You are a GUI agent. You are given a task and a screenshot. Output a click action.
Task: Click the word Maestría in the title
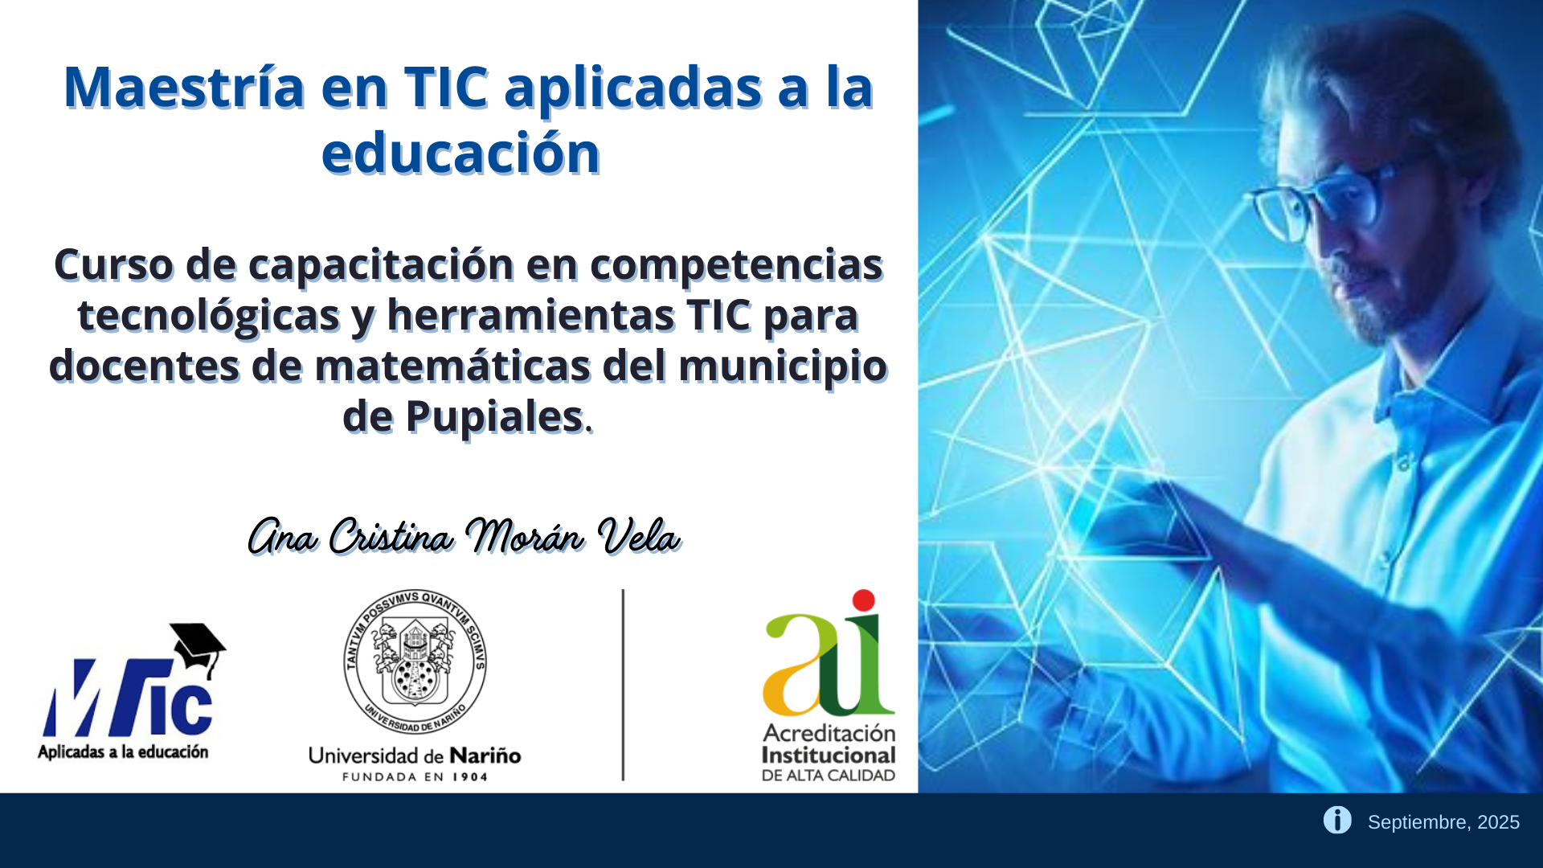point(184,87)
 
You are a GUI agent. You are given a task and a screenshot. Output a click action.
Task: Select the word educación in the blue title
point(460,153)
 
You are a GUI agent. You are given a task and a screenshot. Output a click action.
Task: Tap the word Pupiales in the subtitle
point(494,417)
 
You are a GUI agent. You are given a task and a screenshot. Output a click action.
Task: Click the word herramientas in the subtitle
point(530,315)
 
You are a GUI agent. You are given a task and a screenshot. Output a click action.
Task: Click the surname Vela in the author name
point(639,536)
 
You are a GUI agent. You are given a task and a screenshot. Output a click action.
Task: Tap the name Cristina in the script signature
point(391,536)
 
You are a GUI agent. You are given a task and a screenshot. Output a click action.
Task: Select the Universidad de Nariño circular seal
point(415,661)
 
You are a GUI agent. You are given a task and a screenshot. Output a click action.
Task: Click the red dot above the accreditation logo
point(863,600)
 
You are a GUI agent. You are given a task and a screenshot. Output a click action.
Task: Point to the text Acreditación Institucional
point(829,744)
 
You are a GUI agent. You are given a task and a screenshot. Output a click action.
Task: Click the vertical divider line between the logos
point(623,685)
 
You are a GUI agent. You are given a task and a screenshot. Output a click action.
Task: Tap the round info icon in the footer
point(1337,820)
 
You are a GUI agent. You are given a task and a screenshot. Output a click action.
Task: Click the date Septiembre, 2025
point(1443,822)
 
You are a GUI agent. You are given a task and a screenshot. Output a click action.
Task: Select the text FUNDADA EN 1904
point(415,777)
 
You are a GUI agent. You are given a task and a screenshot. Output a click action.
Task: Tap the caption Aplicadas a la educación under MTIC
point(123,752)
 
